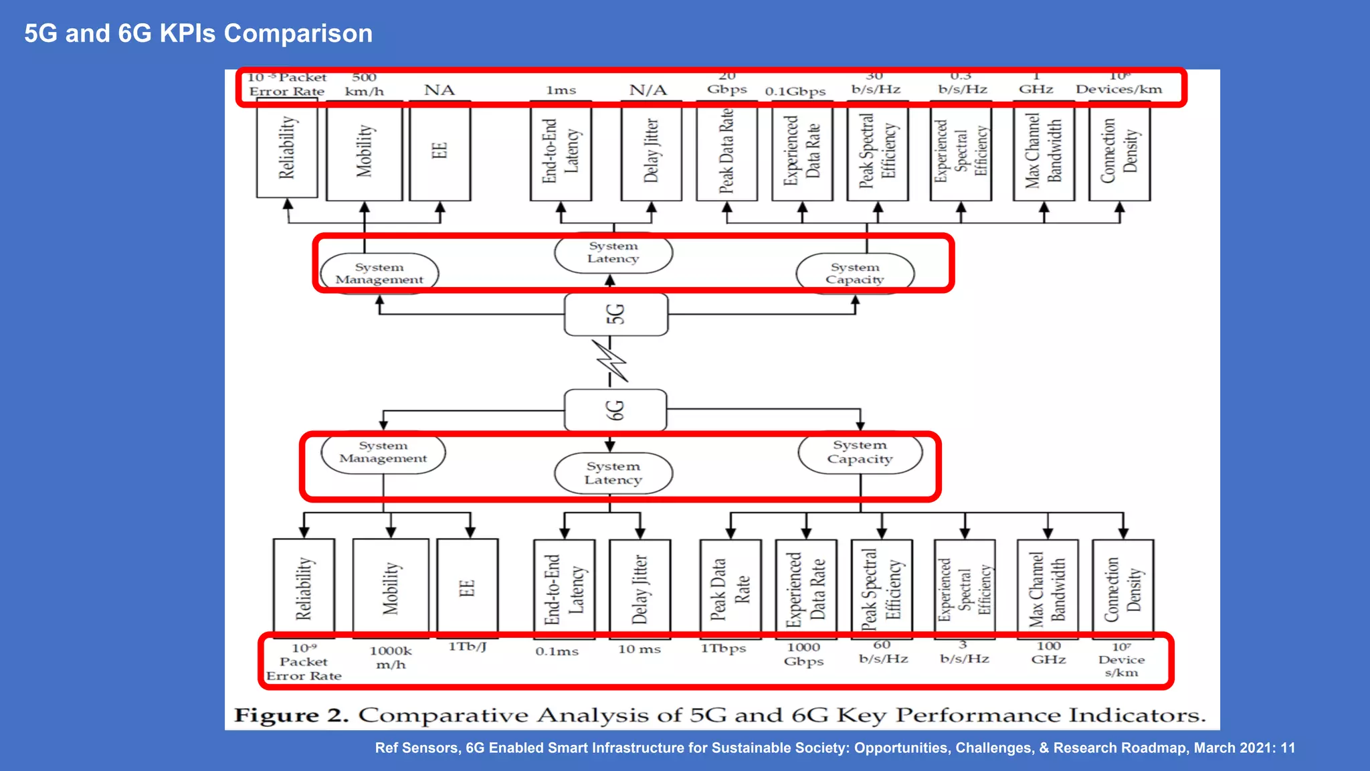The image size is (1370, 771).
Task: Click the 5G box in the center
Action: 615,314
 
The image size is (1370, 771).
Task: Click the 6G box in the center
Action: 615,410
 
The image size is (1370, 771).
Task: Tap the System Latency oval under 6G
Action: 613,473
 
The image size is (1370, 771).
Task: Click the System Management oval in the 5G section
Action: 379,272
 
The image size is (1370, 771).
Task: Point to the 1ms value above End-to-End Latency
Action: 561,90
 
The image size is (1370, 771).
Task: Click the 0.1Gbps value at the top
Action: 795,91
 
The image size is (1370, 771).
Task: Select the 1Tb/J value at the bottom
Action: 467,647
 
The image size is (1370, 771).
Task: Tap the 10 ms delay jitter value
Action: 639,649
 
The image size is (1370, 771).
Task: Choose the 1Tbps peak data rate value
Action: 723,649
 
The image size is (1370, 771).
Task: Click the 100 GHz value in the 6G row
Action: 1048,653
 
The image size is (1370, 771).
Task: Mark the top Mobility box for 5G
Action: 364,151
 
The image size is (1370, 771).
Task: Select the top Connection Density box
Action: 1119,151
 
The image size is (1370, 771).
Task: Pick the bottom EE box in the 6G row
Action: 467,588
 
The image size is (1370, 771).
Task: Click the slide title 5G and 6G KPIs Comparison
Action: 198,33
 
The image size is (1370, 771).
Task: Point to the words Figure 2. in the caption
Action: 291,715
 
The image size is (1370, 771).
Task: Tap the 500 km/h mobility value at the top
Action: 364,84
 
